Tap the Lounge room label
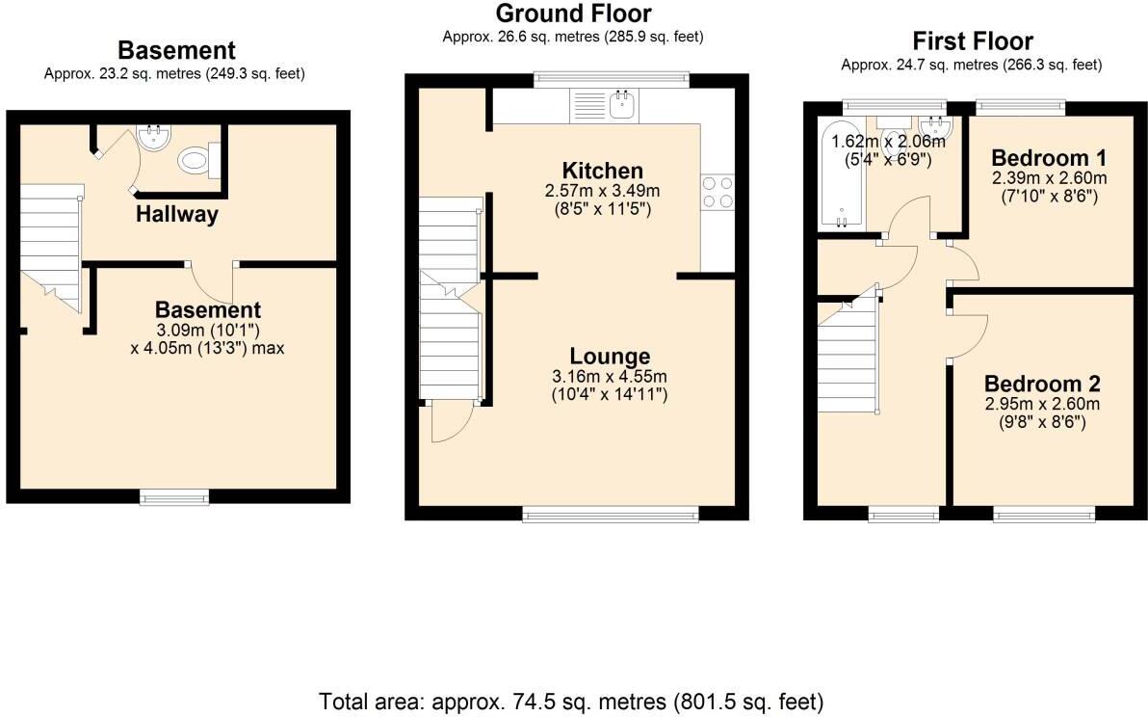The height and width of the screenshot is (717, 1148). point(609,357)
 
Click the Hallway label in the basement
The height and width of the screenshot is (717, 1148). point(176,214)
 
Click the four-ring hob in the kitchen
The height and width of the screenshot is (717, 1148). point(717,192)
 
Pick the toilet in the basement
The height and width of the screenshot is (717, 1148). point(197,161)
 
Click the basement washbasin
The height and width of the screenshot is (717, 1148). point(152,141)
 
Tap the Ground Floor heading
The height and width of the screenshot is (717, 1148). point(572,13)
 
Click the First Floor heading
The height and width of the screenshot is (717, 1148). point(972,41)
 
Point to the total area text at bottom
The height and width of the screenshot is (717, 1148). point(571,700)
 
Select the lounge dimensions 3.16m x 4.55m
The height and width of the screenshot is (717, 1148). point(609,376)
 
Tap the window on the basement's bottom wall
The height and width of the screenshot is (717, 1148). point(174,497)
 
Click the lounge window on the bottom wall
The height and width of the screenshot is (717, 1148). point(610,515)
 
